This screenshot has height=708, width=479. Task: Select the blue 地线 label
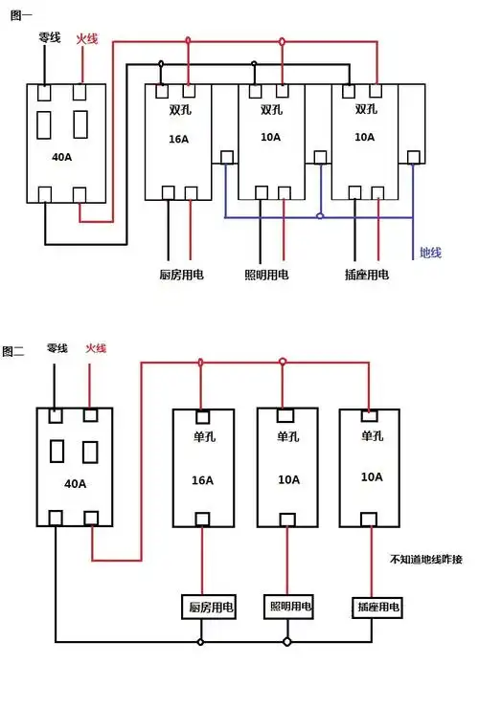pos(432,253)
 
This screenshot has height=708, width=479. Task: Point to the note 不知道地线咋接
pos(426,559)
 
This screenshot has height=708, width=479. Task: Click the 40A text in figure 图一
pos(60,156)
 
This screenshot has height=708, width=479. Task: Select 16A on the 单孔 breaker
pos(203,479)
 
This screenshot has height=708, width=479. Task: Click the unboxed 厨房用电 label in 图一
pos(181,275)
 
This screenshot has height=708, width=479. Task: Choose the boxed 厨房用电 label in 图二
pos(211,607)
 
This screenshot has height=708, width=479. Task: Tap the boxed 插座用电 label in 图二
pos(378,608)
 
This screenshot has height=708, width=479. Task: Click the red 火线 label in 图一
pos(86,38)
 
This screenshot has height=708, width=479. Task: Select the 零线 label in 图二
pos(57,348)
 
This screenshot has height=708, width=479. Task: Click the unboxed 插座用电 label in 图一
pos(366,275)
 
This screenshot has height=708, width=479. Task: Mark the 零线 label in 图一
pos(50,38)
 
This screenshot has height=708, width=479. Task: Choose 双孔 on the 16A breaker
pos(177,109)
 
